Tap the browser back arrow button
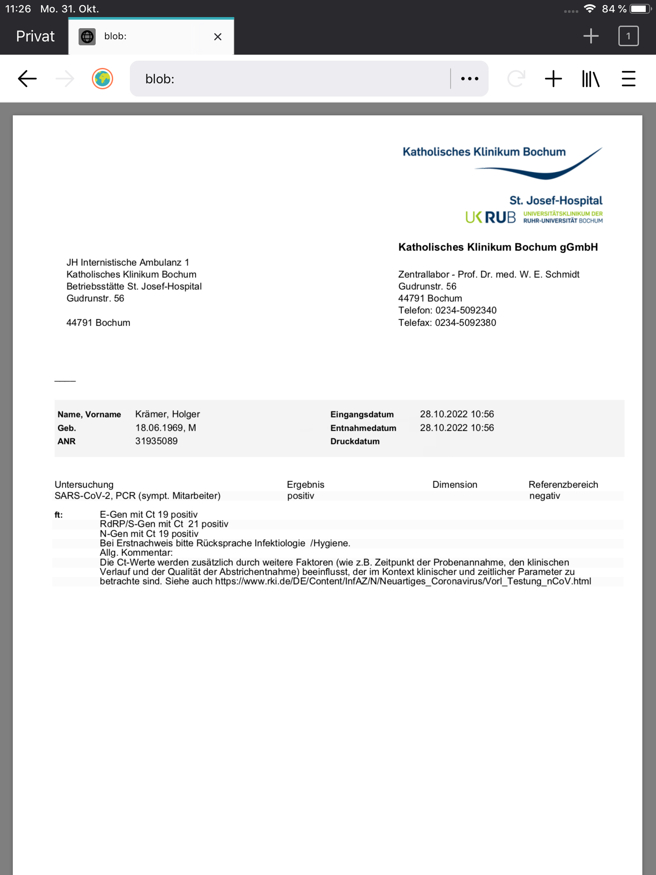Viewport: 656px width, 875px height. point(27,79)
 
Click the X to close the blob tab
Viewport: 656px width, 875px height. point(217,37)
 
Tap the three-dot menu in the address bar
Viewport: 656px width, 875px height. point(469,79)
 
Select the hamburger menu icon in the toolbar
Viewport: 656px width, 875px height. point(628,79)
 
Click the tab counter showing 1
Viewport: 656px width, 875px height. point(628,36)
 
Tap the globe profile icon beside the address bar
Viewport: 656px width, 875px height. point(102,79)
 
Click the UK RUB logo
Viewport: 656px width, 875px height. point(490,217)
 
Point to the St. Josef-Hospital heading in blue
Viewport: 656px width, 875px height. point(555,200)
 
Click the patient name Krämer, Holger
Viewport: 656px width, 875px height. point(167,414)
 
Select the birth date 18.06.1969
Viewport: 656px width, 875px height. point(159,428)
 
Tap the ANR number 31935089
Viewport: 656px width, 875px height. point(156,441)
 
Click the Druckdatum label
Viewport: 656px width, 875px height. point(355,441)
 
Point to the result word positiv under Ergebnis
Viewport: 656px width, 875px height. point(301,496)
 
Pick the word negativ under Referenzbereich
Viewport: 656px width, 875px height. point(545,496)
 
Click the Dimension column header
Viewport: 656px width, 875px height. point(454,484)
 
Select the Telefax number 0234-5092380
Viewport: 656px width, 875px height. point(466,323)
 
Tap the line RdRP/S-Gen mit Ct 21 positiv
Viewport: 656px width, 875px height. point(164,524)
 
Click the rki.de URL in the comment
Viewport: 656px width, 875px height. point(403,581)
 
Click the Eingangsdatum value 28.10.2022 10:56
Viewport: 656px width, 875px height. point(457,414)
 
